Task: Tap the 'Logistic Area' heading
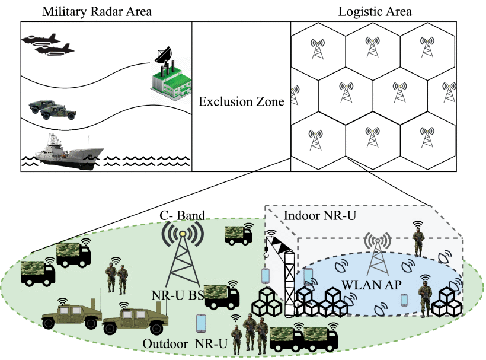(375, 11)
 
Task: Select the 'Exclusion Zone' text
(241, 101)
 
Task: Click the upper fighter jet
(38, 38)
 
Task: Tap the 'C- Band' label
(181, 216)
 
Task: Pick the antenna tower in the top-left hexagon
(318, 50)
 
